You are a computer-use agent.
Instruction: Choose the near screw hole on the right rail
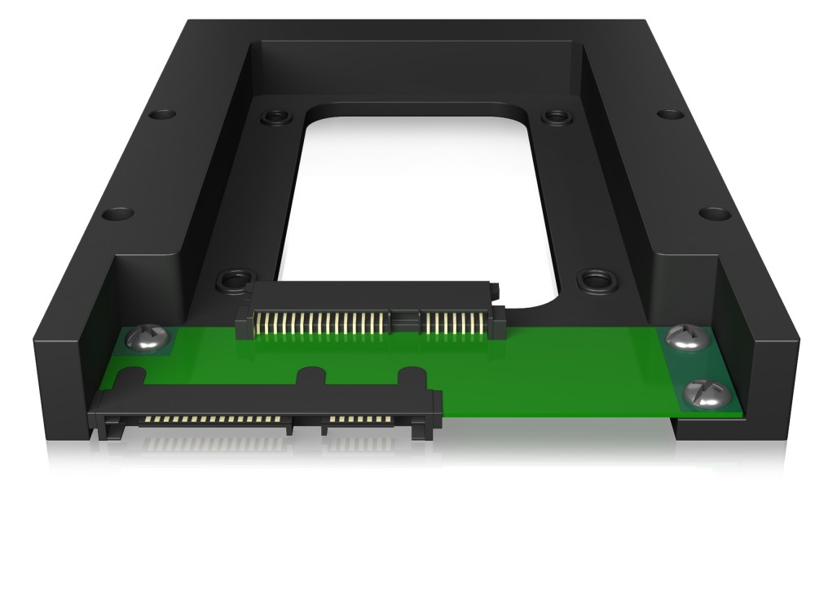click(x=715, y=214)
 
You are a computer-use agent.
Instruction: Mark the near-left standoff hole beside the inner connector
click(x=231, y=283)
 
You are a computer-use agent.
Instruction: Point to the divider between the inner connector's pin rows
click(x=406, y=320)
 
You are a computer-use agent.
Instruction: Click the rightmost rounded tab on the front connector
click(x=411, y=378)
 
